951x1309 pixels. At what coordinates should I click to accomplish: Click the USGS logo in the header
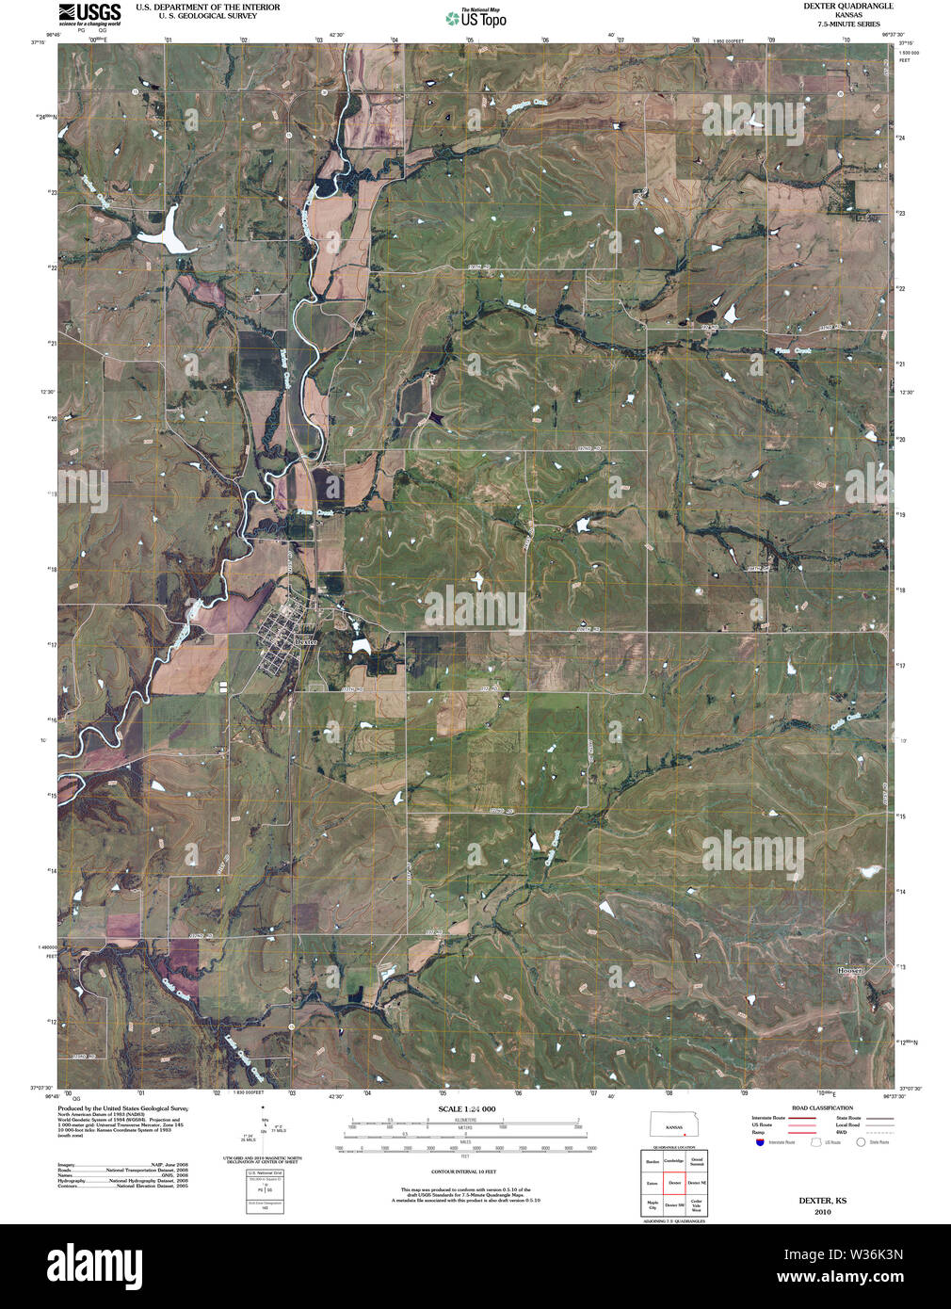89,12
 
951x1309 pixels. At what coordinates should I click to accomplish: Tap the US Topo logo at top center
475,18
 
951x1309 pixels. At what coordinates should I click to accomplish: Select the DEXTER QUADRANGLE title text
835,6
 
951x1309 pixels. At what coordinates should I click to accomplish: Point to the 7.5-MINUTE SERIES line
835,24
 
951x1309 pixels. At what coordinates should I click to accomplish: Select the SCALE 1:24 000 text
466,1109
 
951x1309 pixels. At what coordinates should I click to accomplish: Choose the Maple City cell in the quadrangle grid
652,1204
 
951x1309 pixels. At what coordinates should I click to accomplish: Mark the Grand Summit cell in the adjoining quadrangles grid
697,1162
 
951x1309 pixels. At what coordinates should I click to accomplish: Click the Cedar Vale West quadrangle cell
697,1204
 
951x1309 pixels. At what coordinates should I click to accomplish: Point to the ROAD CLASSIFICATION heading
822,1108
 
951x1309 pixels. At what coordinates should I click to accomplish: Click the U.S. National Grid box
265,1192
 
